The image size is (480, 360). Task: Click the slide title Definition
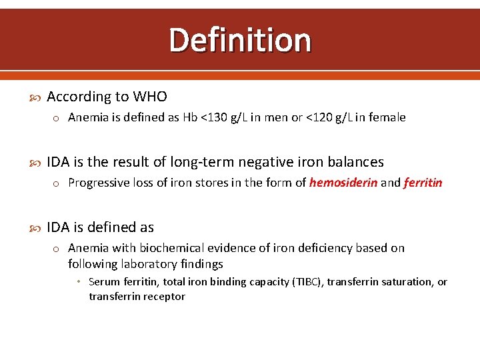(x=240, y=40)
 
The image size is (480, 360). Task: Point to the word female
(x=386, y=117)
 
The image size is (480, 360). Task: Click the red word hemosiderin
(x=343, y=183)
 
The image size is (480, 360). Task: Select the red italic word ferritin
(x=423, y=183)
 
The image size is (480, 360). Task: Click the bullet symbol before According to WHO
(x=36, y=97)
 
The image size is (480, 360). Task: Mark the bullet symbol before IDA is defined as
(x=36, y=228)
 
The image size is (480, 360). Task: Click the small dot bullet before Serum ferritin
(x=79, y=282)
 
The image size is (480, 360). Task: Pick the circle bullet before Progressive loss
(x=58, y=183)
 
